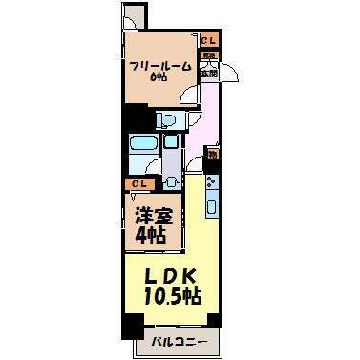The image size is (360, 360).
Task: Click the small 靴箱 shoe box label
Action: [208, 55]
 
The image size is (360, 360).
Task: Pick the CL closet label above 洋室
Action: [140, 183]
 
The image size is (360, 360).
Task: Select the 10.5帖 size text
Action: [172, 296]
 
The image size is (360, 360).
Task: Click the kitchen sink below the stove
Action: [212, 204]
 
